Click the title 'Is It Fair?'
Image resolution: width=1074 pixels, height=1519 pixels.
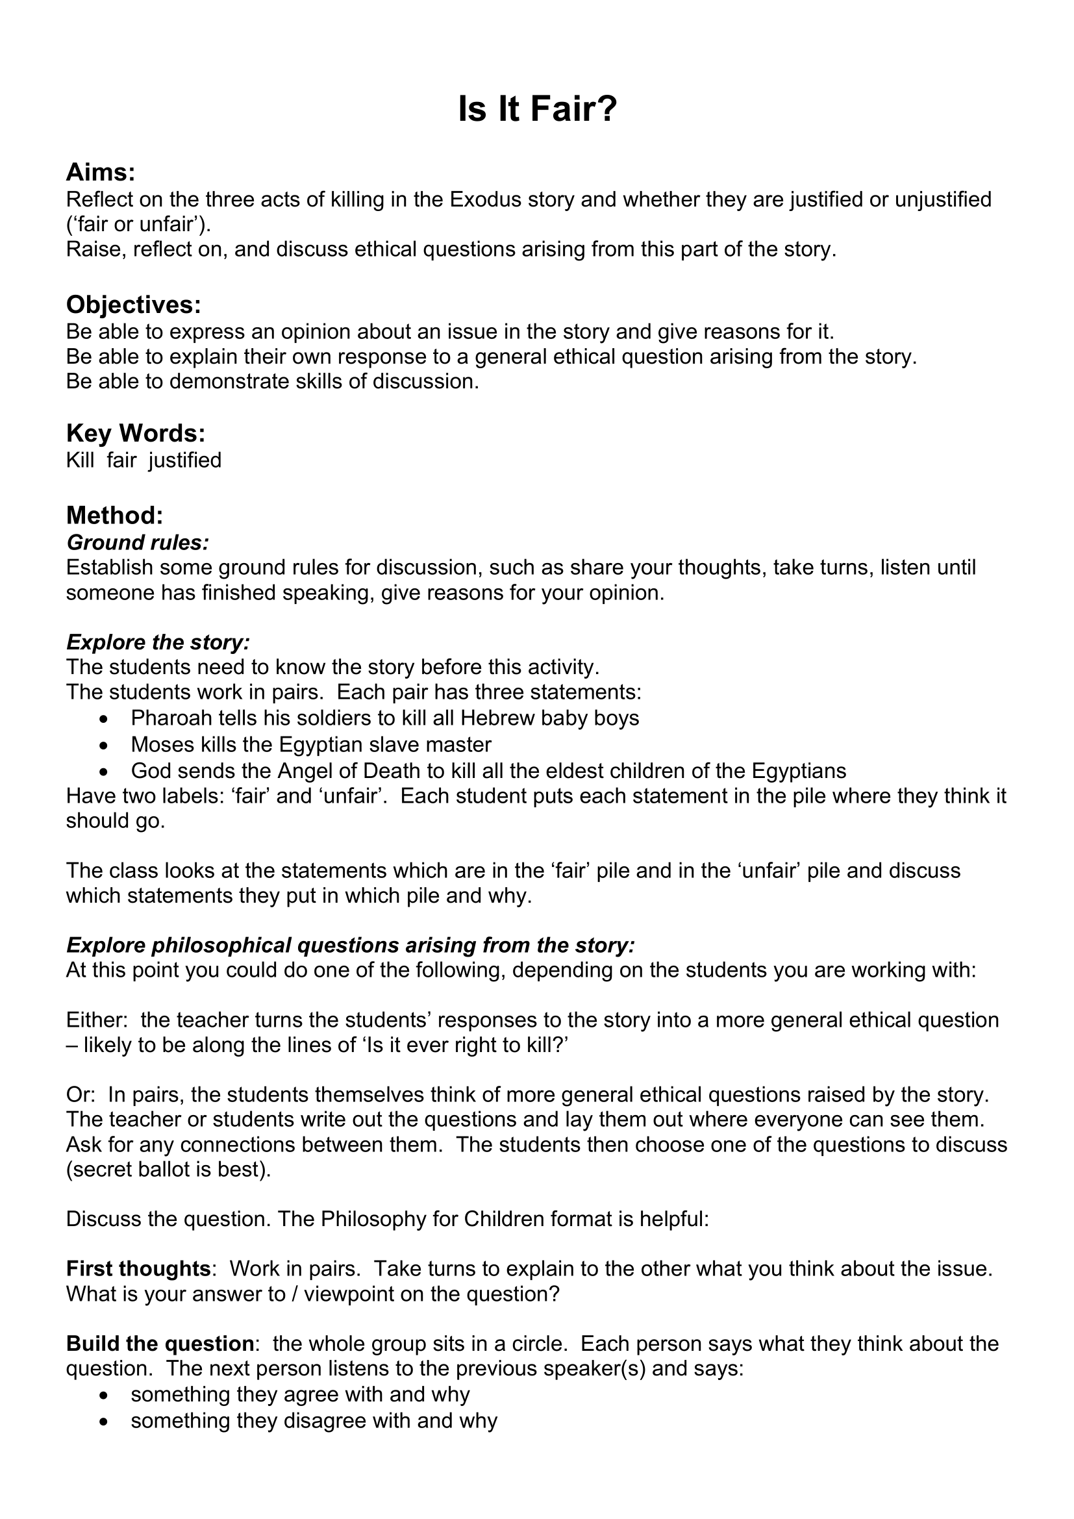pyautogui.click(x=536, y=109)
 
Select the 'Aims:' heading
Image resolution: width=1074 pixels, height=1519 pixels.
pyautogui.click(x=101, y=173)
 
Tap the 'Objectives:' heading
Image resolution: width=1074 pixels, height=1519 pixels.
pyautogui.click(x=133, y=305)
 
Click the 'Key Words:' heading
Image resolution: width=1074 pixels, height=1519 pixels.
pyautogui.click(x=136, y=433)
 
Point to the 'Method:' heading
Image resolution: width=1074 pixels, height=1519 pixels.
pyautogui.click(x=114, y=515)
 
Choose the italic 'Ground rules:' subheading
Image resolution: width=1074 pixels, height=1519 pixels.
pyautogui.click(x=138, y=542)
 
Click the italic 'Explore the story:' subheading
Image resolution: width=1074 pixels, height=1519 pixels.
pyautogui.click(x=158, y=642)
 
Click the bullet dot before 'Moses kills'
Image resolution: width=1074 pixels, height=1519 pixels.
pyautogui.click(x=103, y=745)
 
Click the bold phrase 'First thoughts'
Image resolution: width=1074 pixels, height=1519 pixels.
pyautogui.click(x=138, y=1269)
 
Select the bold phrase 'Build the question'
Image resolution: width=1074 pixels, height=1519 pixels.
pyautogui.click(x=160, y=1344)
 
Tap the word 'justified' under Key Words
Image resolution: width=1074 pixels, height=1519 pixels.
pyautogui.click(x=185, y=460)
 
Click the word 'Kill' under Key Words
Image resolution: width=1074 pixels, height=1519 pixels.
pyautogui.click(x=80, y=460)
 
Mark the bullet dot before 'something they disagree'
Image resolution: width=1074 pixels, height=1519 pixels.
pyautogui.click(x=103, y=1421)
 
